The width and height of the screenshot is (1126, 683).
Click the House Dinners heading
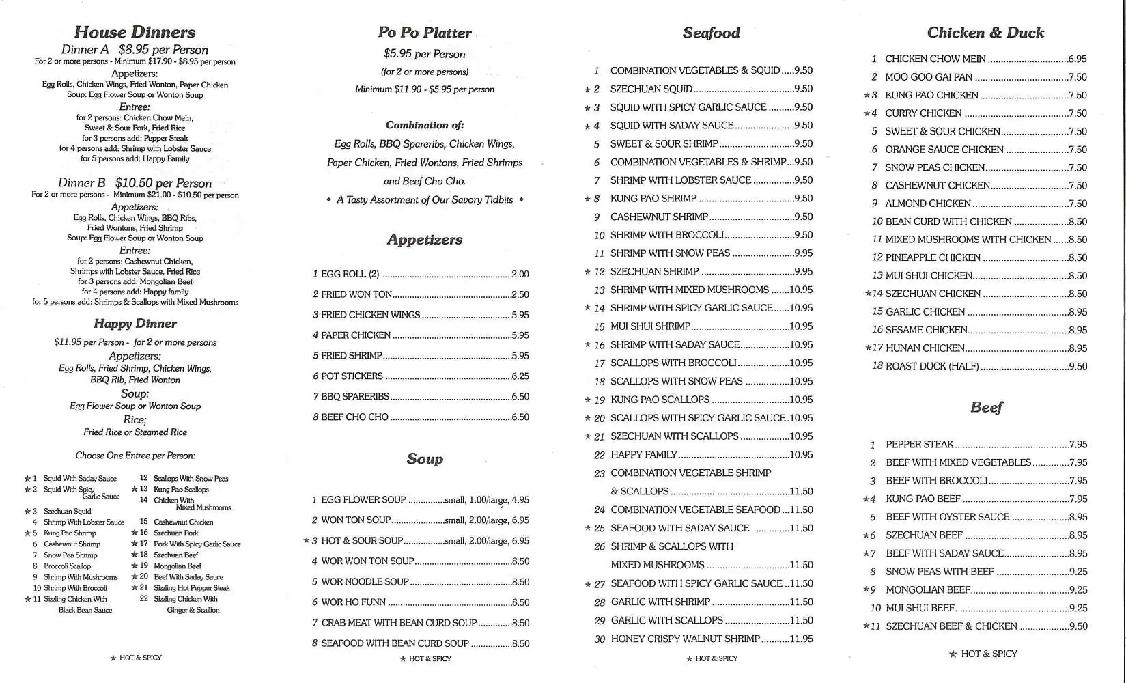point(135,32)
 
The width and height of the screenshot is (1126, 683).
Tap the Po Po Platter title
point(425,33)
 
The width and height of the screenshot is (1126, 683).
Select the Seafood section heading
point(711,33)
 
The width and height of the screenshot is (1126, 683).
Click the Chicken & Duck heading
point(985,33)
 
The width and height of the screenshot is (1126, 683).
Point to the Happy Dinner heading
point(135,324)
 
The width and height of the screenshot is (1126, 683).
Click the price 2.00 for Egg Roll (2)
point(520,274)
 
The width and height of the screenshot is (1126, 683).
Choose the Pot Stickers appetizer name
point(352,376)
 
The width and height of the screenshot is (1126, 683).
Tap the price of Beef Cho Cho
point(520,417)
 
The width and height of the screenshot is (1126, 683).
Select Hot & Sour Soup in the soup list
point(362,541)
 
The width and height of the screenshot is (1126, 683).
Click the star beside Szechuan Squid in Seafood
point(587,89)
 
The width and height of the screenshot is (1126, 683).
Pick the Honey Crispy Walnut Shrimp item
point(685,639)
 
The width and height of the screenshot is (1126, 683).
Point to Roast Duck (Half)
point(932,366)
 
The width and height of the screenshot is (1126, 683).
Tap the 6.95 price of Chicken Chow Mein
point(1078,59)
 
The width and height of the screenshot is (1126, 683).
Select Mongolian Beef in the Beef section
point(928,590)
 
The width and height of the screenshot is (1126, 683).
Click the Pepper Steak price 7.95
point(1078,445)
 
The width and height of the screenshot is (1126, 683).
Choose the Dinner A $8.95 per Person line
point(135,50)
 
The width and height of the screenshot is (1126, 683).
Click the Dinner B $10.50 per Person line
point(135,183)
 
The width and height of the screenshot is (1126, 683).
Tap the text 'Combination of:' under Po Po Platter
point(425,125)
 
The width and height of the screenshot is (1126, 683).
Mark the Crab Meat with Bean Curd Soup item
point(399,623)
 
